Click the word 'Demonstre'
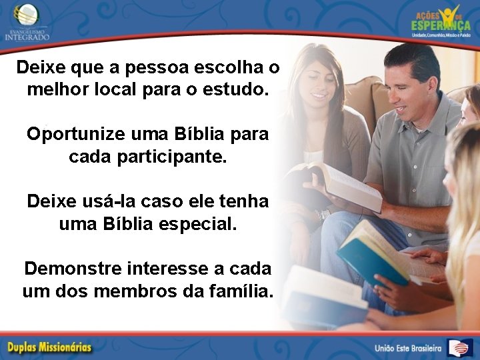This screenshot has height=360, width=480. click(x=73, y=269)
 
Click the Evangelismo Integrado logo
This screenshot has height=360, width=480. click(x=27, y=21)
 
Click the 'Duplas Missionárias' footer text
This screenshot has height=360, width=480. click(x=50, y=347)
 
